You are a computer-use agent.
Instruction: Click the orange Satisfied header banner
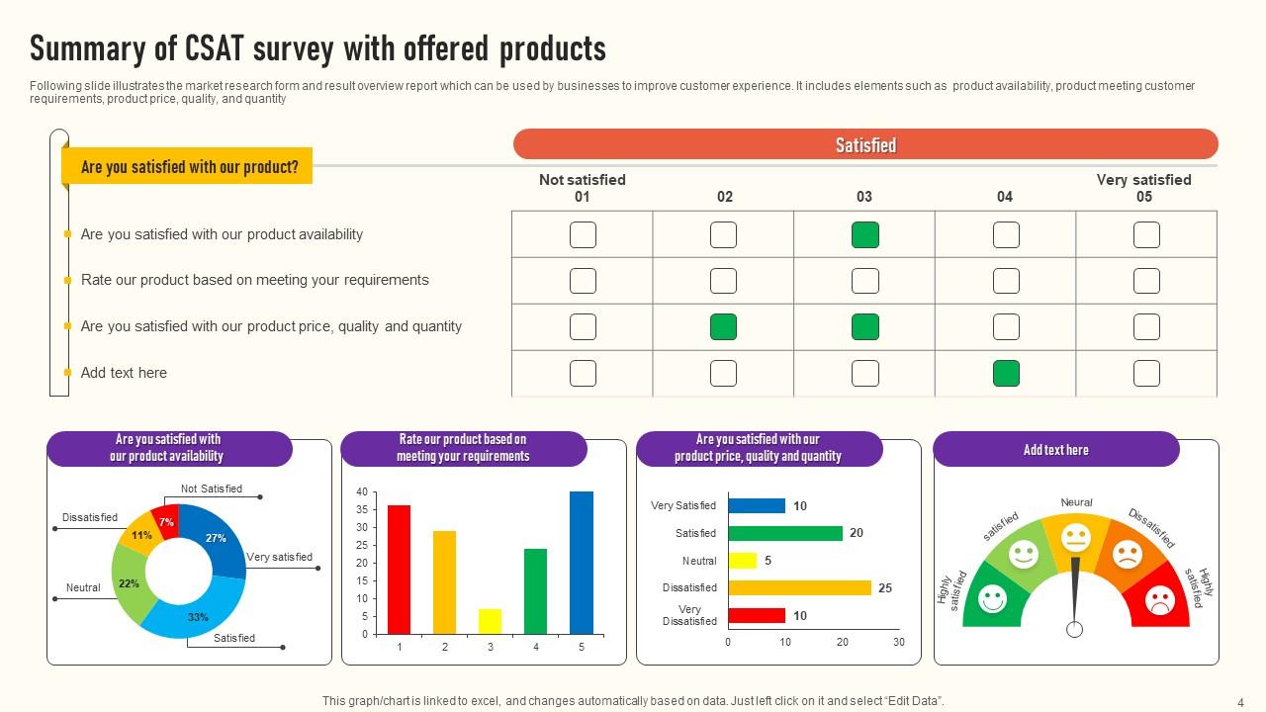click(x=865, y=144)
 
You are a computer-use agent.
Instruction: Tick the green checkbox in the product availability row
click(x=865, y=235)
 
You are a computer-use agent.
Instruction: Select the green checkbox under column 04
click(x=1006, y=373)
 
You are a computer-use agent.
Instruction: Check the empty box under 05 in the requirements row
click(x=1146, y=281)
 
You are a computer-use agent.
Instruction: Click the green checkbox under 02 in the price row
click(x=724, y=326)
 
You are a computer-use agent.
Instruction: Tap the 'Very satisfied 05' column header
click(x=1143, y=188)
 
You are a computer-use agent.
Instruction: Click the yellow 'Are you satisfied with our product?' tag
click(x=188, y=167)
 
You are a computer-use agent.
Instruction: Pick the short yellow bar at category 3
click(x=491, y=621)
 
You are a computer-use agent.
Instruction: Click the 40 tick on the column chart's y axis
click(x=362, y=492)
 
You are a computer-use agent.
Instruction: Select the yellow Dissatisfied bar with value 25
click(x=799, y=587)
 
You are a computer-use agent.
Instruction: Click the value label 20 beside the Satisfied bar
click(x=857, y=533)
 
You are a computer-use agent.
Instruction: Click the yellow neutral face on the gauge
click(x=1075, y=539)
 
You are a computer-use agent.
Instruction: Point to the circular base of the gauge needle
click(x=1075, y=629)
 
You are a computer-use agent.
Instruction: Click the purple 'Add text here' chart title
click(x=1055, y=450)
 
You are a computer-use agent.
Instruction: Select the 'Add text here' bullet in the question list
click(x=124, y=373)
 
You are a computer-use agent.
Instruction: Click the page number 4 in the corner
click(x=1240, y=701)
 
